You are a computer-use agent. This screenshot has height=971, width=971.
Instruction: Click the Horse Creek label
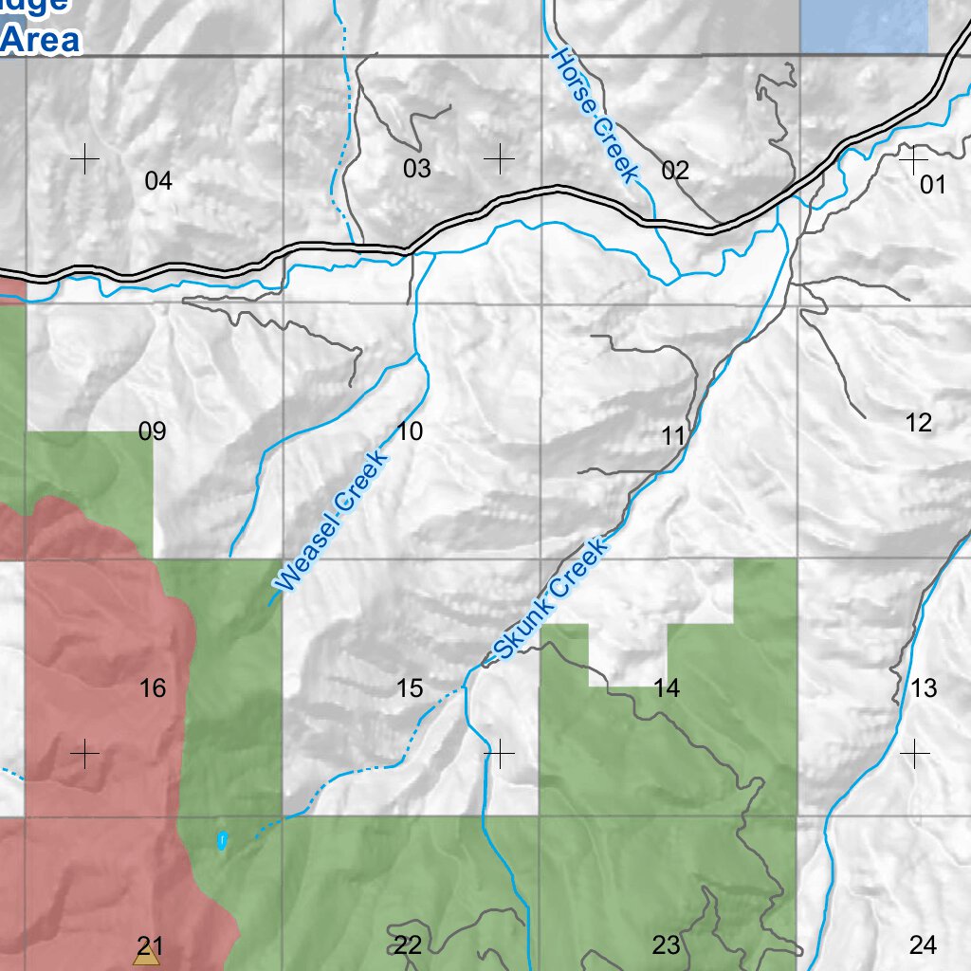point(595,115)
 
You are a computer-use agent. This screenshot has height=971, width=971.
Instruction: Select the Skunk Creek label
point(549,599)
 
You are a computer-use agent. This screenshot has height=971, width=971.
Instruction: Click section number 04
point(158,180)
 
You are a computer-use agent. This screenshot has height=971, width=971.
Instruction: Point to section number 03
point(416,169)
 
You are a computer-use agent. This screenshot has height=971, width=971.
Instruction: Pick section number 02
point(675,171)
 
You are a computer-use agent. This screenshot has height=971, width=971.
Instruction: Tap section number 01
point(933,184)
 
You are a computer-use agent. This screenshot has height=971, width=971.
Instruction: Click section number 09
point(152,431)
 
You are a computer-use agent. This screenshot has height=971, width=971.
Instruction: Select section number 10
point(410,431)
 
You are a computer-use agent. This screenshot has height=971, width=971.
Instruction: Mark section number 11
point(673,436)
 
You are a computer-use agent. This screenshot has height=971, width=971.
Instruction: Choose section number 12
point(918,423)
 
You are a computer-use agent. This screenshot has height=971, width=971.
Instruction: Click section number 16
point(152,687)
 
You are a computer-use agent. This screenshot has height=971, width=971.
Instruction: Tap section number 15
point(410,687)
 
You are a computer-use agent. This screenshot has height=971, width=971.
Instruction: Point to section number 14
point(667,688)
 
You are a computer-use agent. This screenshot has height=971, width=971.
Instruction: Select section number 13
point(924,687)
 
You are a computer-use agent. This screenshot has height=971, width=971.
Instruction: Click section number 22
point(408,944)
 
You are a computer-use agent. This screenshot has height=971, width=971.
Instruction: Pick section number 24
point(923,944)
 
